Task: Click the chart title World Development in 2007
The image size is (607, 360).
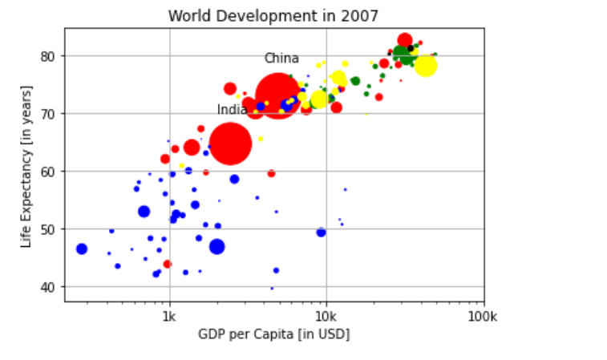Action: [273, 16]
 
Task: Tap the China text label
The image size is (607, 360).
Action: [281, 59]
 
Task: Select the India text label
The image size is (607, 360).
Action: [233, 110]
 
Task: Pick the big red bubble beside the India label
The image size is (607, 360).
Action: [230, 144]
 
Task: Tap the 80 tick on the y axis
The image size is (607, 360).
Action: [47, 56]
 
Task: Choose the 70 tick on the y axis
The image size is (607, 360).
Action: [47, 114]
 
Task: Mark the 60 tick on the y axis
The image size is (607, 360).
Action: [47, 172]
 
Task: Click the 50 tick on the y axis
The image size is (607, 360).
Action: [47, 229]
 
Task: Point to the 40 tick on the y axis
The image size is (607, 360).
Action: [47, 287]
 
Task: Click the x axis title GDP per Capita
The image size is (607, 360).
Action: [273, 334]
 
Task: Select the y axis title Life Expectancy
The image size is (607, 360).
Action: [26, 166]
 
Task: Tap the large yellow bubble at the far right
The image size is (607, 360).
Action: [425, 65]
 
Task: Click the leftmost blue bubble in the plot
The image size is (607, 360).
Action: [81, 249]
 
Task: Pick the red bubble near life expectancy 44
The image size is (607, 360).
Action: [167, 264]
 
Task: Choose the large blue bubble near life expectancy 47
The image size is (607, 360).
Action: [216, 246]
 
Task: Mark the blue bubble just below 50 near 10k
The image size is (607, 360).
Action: [321, 232]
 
